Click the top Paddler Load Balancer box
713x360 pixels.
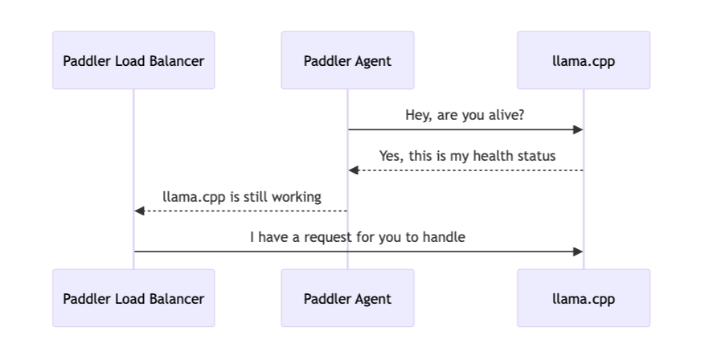click(x=133, y=60)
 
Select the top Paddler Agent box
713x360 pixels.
click(x=347, y=60)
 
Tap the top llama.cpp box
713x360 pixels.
click(x=584, y=60)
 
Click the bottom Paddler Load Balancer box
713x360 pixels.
click(x=133, y=298)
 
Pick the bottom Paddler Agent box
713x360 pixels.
click(x=347, y=298)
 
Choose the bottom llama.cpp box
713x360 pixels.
click(x=584, y=298)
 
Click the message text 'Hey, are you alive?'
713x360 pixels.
click(x=465, y=115)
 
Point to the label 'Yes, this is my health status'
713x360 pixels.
click(x=468, y=156)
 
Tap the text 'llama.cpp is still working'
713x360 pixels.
click(x=242, y=197)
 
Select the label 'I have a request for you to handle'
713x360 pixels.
click(x=358, y=237)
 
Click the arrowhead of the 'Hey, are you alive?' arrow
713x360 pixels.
click(x=579, y=129)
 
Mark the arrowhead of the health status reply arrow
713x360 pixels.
click(x=354, y=170)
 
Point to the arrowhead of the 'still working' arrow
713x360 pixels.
click(x=139, y=211)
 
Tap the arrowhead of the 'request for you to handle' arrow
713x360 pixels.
click(x=579, y=252)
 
